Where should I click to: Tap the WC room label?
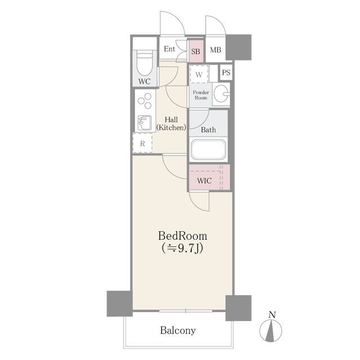click(x=145, y=81)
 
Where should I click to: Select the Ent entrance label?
click(x=169, y=49)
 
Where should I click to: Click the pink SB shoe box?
click(x=196, y=51)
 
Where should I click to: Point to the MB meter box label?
click(x=215, y=49)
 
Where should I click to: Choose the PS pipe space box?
click(x=226, y=73)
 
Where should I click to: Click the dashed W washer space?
click(x=199, y=74)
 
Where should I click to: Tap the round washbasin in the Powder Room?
click(x=221, y=94)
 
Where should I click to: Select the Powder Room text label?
click(x=201, y=95)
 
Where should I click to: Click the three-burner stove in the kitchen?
click(x=145, y=101)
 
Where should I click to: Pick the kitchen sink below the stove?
click(x=145, y=123)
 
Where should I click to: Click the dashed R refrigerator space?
click(x=142, y=143)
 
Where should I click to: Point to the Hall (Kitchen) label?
click(x=171, y=124)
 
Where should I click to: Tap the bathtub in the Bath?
click(x=209, y=150)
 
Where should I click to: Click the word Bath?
click(x=208, y=130)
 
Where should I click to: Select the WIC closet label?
click(x=204, y=181)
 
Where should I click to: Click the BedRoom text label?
click(x=182, y=236)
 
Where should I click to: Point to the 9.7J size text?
click(x=182, y=248)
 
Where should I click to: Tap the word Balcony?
click(x=178, y=330)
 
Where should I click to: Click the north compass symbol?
click(x=271, y=327)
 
